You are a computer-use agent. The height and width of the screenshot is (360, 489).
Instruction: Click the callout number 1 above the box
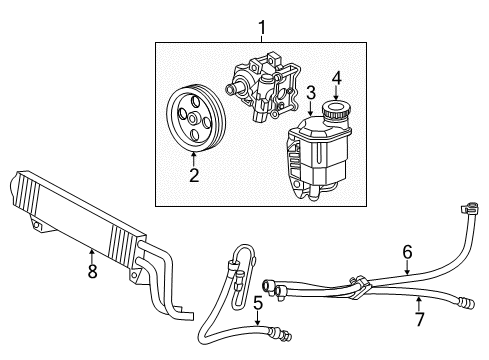263,27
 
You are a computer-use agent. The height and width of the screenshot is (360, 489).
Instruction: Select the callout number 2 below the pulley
194,177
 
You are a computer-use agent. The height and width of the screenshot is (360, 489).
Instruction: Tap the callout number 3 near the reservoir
312,93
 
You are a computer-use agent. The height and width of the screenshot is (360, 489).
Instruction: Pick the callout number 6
407,253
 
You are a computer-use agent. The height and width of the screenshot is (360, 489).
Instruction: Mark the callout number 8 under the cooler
92,272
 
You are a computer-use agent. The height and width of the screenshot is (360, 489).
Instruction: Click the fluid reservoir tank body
320,160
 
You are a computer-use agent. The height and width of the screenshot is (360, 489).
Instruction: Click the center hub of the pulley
195,121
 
